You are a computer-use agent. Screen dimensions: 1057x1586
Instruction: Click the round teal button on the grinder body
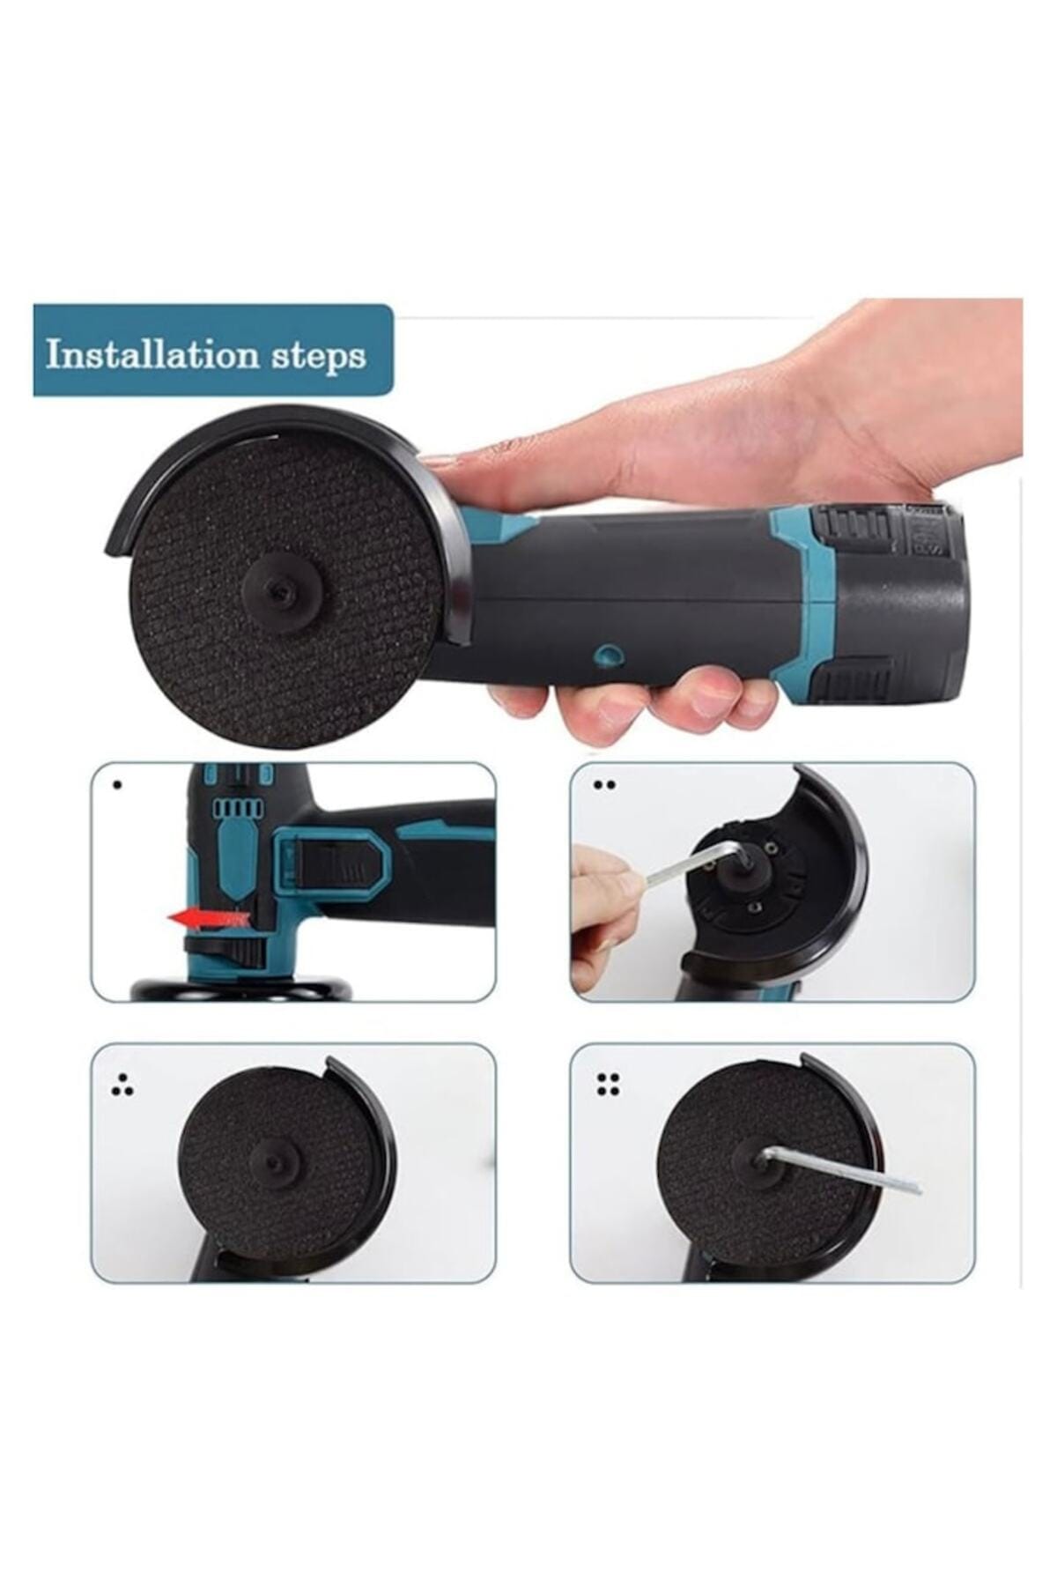coord(607,654)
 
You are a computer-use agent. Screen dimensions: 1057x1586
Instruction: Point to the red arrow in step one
coord(208,920)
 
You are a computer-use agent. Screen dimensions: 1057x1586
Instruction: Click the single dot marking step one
coord(118,784)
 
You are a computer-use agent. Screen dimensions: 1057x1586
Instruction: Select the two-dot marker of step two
coord(605,784)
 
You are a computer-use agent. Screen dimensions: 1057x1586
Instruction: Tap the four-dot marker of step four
coord(608,1084)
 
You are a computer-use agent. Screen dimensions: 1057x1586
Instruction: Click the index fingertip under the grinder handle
coord(520,700)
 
